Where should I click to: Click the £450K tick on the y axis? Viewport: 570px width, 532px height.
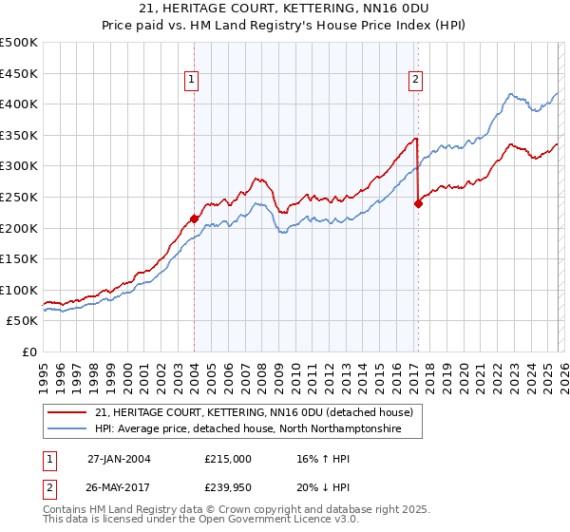tap(19, 73)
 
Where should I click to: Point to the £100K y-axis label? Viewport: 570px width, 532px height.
tap(19, 290)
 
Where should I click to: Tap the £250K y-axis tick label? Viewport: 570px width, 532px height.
tap(19, 197)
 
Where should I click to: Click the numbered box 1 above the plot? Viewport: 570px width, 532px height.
tap(192, 81)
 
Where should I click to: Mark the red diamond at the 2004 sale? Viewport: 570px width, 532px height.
tap(194, 218)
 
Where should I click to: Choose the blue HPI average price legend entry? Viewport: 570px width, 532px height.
tap(248, 429)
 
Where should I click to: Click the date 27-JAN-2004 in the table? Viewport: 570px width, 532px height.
tap(119, 459)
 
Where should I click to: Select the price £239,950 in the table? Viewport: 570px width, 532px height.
tap(228, 487)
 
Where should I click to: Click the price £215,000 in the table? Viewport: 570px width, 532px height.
tap(228, 459)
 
